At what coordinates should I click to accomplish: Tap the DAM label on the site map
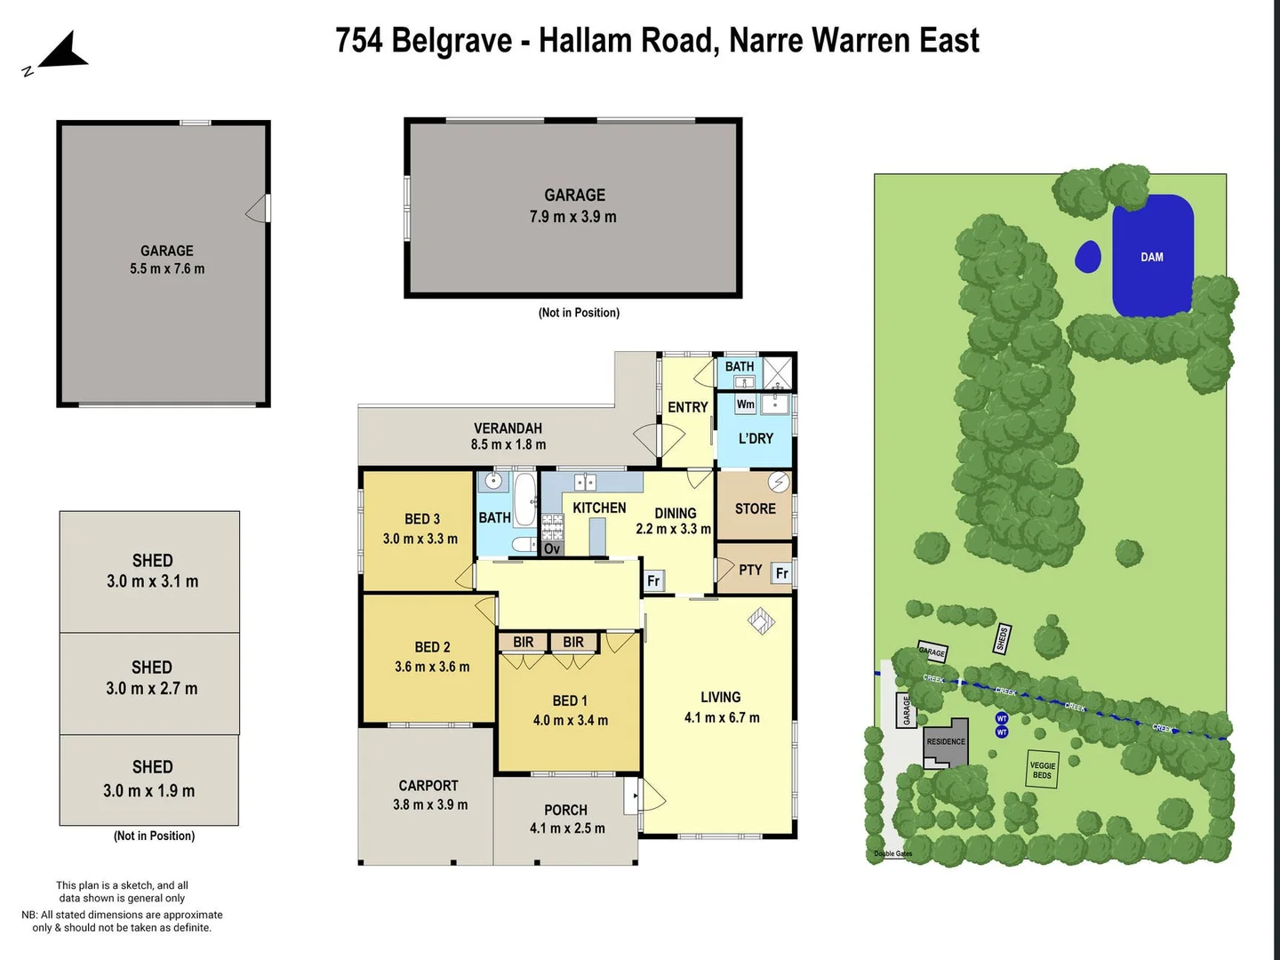click(x=1152, y=257)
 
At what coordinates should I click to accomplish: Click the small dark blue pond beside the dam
click(x=1088, y=257)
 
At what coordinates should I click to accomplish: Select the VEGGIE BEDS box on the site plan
click(x=1042, y=770)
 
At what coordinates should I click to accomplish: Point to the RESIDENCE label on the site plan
click(x=946, y=741)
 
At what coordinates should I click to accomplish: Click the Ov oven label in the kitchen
click(x=552, y=548)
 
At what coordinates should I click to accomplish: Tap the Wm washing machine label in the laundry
click(x=745, y=405)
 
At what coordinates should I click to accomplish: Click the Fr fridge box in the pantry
click(x=781, y=573)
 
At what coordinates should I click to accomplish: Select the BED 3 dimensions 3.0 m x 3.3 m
click(x=420, y=539)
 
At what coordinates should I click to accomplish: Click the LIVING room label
click(x=720, y=698)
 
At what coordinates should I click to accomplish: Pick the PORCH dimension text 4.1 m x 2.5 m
click(x=567, y=828)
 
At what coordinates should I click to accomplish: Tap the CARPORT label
click(x=428, y=786)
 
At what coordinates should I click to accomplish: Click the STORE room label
click(x=755, y=508)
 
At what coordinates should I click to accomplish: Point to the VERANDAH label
click(x=508, y=428)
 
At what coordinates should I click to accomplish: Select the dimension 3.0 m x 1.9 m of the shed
click(x=148, y=791)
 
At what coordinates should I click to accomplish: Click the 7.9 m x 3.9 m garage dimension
click(x=573, y=217)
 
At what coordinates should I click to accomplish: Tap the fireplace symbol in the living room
click(x=761, y=620)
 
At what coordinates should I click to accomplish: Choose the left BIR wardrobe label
click(x=524, y=643)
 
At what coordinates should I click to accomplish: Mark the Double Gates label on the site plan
click(x=892, y=854)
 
